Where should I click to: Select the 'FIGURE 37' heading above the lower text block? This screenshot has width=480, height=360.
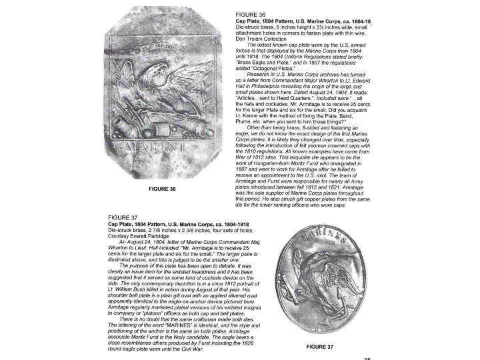[123, 217]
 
